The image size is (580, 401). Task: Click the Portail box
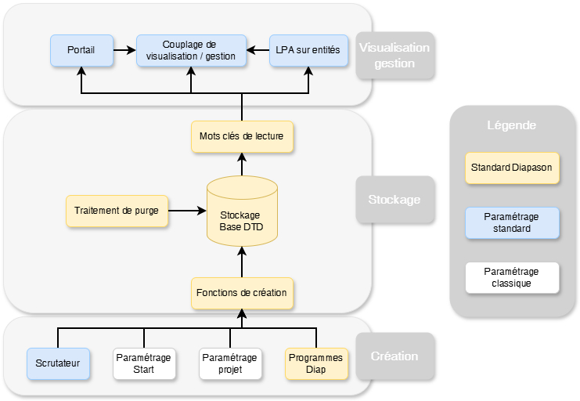click(81, 50)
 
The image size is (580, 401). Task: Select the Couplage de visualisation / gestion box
click(191, 50)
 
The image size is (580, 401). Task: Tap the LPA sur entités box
click(308, 50)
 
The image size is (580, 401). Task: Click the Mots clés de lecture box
click(241, 136)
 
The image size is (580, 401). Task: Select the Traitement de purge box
click(117, 211)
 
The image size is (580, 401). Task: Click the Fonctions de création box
click(241, 293)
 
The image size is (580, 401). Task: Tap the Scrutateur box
click(58, 363)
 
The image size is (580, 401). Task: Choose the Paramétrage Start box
click(143, 363)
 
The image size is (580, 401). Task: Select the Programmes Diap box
click(315, 363)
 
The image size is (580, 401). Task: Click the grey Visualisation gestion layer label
click(394, 56)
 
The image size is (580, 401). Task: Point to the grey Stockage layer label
click(394, 199)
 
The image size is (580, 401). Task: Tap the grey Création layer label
click(394, 356)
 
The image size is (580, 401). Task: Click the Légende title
click(512, 125)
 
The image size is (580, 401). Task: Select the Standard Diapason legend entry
click(512, 167)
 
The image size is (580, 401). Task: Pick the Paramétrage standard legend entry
click(512, 222)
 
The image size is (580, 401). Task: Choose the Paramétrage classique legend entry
click(512, 277)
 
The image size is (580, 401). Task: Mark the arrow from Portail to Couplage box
click(124, 50)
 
